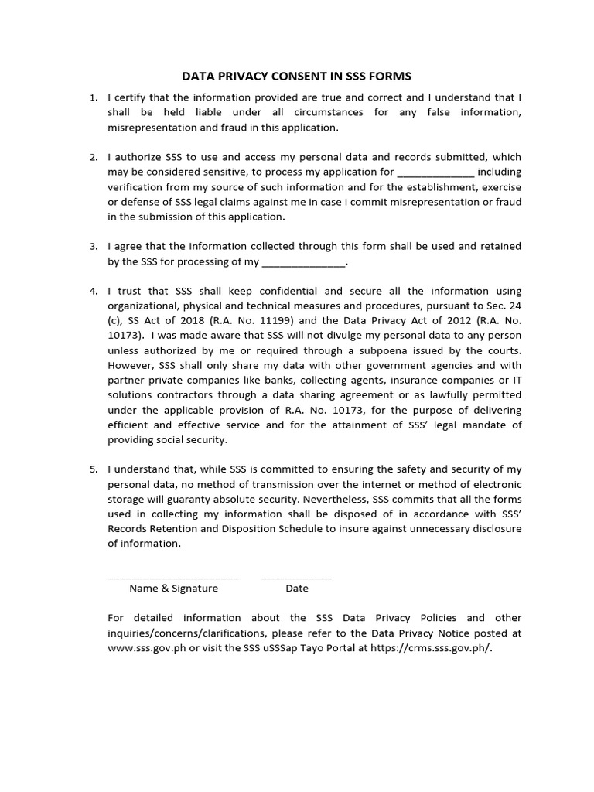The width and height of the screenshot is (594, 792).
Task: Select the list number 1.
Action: click(x=93, y=97)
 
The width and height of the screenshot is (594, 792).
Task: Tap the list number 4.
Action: click(x=93, y=291)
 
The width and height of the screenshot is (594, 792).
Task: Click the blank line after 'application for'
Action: click(x=435, y=172)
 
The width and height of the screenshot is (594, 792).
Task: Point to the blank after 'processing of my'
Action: click(x=303, y=261)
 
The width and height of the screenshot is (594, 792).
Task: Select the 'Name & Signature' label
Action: click(x=173, y=589)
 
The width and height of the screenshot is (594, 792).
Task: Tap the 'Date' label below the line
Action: click(x=297, y=589)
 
